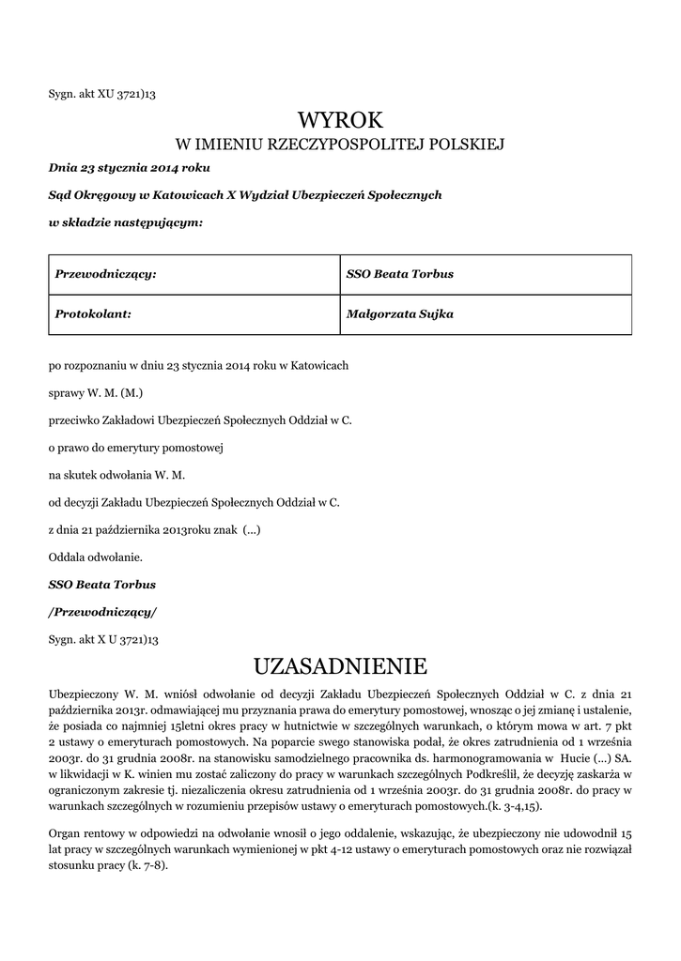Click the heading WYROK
pos(340,119)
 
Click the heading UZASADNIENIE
pos(340,666)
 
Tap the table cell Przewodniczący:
pos(105,274)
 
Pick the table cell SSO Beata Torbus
pos(400,274)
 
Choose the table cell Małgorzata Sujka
pos(400,314)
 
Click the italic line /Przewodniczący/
pos(102,611)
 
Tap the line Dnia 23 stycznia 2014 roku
pos(130,168)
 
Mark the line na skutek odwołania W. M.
pos(116,474)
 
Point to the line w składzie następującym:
pos(125,222)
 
